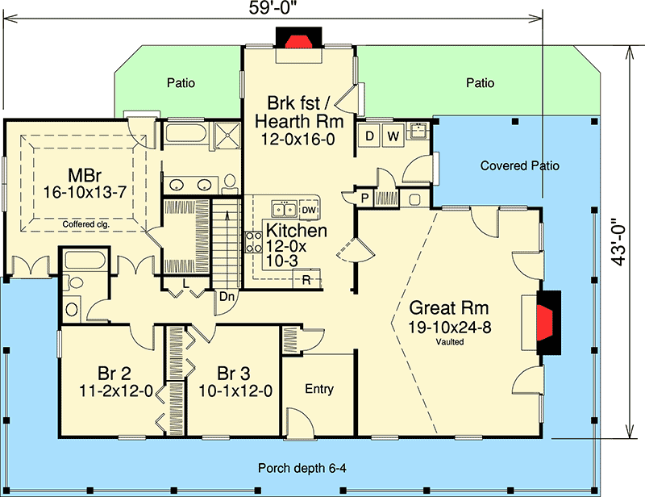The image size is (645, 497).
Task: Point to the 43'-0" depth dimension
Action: coord(619,242)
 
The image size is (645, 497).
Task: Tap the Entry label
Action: coord(319,390)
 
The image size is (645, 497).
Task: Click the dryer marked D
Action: coord(370,135)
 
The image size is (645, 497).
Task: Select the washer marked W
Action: coord(393,135)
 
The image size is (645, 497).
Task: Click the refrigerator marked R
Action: coord(307,280)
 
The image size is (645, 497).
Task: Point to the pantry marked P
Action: coord(364,197)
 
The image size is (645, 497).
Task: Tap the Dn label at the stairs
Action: coord(227,296)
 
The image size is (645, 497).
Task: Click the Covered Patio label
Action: coord(519,166)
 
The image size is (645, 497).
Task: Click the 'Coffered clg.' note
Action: coord(83,224)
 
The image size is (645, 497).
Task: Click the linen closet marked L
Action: coord(186,284)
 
